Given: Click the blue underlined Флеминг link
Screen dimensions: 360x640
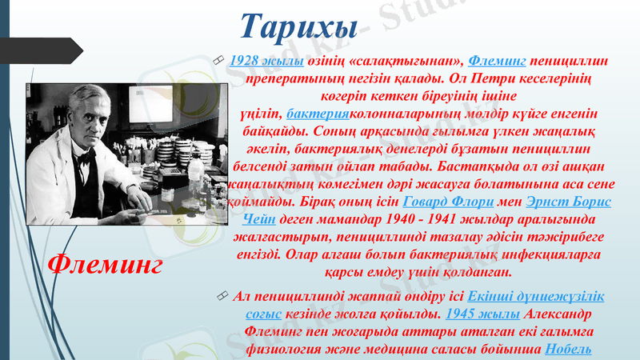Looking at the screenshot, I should click(x=496, y=62).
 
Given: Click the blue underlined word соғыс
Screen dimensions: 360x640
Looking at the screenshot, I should click(x=262, y=314).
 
